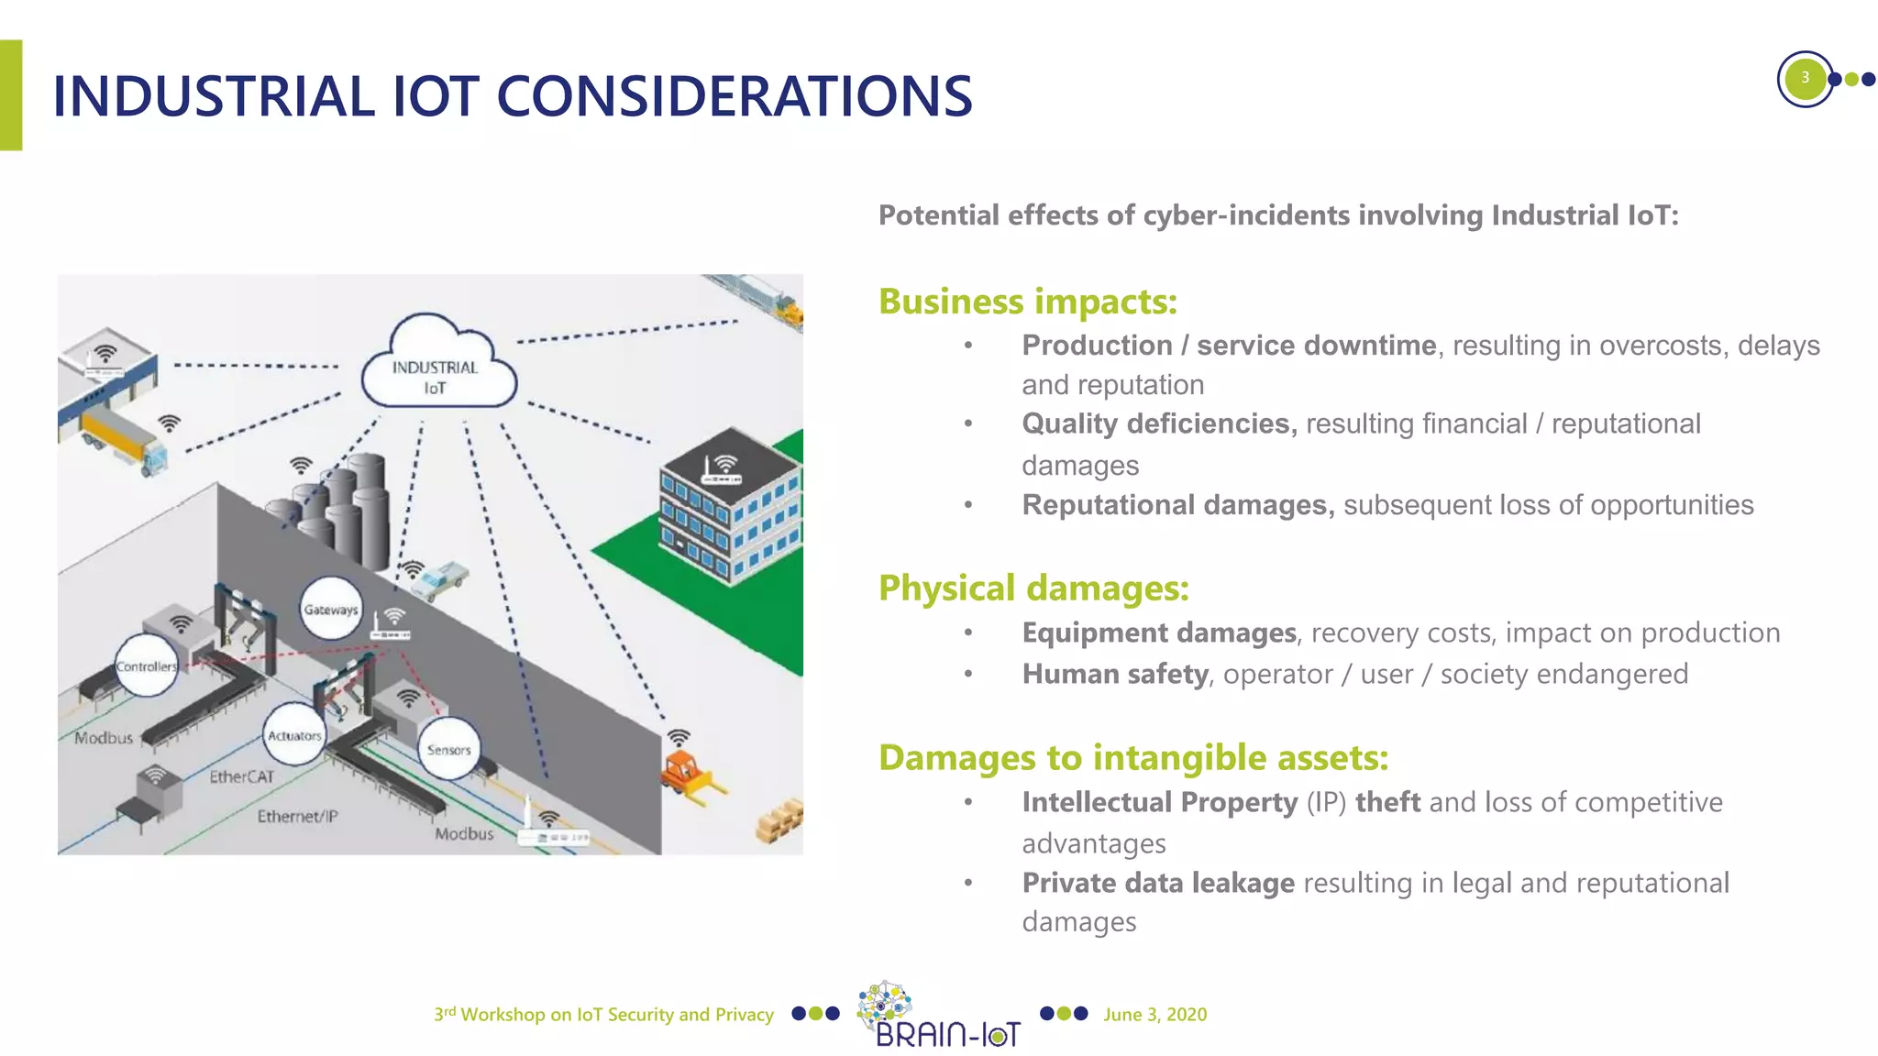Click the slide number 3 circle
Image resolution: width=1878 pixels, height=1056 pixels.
pos(1804,78)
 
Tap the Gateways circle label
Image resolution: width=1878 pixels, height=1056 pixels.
pos(331,610)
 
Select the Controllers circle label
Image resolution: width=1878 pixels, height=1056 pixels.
pos(146,666)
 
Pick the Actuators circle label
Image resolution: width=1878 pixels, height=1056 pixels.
pos(294,735)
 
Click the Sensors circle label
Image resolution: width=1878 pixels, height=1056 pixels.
pos(448,749)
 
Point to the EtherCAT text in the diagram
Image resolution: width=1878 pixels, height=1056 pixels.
pos(242,776)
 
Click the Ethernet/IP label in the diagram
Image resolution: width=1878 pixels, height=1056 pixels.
pos(297,816)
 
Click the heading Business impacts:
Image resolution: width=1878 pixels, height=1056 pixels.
pos(1027,302)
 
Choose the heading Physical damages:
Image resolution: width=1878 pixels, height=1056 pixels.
pos(1033,588)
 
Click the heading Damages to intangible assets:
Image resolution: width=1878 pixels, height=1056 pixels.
pos(1132,757)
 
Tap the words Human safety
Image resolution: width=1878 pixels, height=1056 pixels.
pos(1114,674)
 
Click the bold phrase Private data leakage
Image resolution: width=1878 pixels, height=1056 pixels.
pos(1157,883)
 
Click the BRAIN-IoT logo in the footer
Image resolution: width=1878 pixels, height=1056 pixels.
pos(945,1016)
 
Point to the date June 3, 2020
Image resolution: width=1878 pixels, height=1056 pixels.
pos(1154,1014)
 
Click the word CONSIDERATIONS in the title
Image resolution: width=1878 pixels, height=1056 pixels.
pos(734,96)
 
